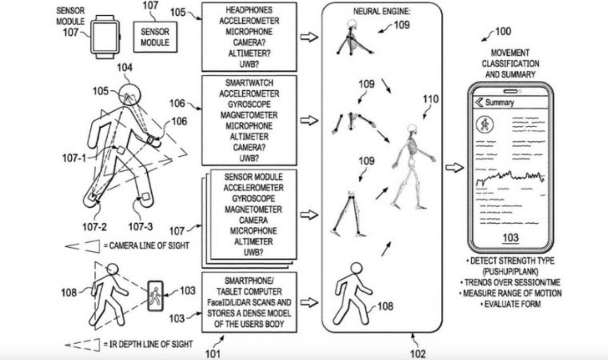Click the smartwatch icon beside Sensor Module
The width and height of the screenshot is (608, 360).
pyautogui.click(x=105, y=37)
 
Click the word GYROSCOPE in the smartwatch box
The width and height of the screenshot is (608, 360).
pyautogui.click(x=249, y=104)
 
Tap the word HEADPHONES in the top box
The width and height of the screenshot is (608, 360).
pyautogui.click(x=249, y=10)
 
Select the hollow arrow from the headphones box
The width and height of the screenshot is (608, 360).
pyautogui.click(x=309, y=37)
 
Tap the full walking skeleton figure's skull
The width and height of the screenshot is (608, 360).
pyautogui.click(x=412, y=130)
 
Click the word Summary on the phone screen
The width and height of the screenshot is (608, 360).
pyautogui.click(x=499, y=102)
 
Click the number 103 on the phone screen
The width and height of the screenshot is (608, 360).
pyautogui.click(x=511, y=237)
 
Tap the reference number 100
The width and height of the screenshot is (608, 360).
pyautogui.click(x=503, y=32)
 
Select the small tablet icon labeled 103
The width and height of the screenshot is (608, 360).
pyautogui.click(x=155, y=296)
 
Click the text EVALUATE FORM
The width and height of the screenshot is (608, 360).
pyautogui.click(x=510, y=303)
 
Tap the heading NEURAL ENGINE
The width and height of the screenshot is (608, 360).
pyautogui.click(x=381, y=10)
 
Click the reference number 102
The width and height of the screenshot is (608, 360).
pyautogui.click(x=418, y=353)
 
